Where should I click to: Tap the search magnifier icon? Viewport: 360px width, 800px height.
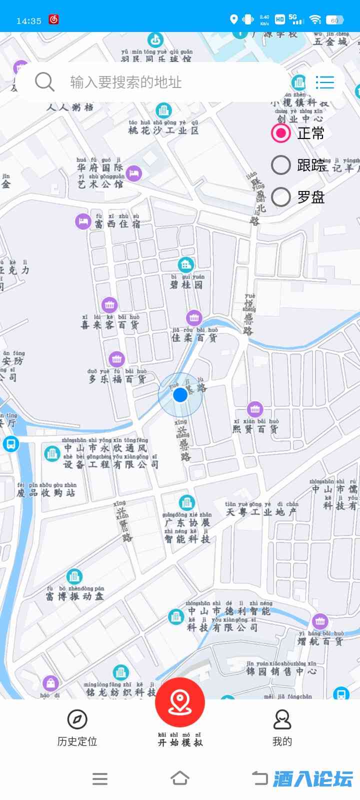click(44, 81)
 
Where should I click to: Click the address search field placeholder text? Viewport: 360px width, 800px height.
click(125, 82)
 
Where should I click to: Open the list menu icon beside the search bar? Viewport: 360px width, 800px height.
click(324, 82)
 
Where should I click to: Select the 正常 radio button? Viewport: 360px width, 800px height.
click(281, 133)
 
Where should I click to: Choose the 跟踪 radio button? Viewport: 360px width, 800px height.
click(281, 165)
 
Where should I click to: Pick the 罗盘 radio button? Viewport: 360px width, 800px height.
click(281, 197)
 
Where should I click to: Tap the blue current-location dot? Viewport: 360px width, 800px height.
click(180, 395)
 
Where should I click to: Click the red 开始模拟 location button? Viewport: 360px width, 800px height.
click(179, 702)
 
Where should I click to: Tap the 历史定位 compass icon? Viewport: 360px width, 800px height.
click(77, 719)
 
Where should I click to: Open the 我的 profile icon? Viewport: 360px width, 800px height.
click(282, 719)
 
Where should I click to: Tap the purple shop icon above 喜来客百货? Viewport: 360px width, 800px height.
click(109, 304)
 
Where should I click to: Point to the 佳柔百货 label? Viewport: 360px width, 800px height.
click(194, 337)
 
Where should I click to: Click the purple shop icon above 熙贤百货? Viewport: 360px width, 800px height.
click(255, 409)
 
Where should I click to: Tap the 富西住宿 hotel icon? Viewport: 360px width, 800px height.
click(83, 221)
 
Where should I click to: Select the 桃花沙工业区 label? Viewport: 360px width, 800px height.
click(163, 130)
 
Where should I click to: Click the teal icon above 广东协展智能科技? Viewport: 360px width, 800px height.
click(186, 502)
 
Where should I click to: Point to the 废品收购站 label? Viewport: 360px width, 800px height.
click(45, 492)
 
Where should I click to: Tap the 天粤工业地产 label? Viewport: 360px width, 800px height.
click(261, 512)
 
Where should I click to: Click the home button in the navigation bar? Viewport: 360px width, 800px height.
click(180, 778)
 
